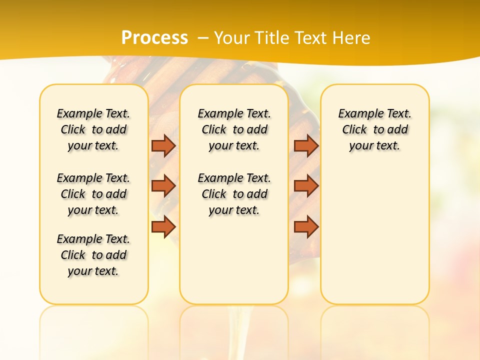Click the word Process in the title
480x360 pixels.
tap(154, 37)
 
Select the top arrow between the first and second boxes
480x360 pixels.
tap(163, 145)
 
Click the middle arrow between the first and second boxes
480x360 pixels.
tap(163, 186)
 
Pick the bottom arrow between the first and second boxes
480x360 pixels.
tap(163, 227)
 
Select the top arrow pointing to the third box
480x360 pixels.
tap(306, 145)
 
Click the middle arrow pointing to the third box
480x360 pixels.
tap(306, 186)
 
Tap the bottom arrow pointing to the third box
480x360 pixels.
tap(306, 227)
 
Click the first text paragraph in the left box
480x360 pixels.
tap(93, 129)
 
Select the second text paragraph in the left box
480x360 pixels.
tap(93, 194)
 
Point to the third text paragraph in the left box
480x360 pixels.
tap(93, 255)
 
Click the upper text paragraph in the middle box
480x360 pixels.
tap(234, 129)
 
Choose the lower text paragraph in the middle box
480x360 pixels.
tap(234, 194)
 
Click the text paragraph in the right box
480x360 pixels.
tap(374, 129)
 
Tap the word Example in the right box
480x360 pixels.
tap(357, 114)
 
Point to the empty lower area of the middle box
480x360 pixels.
tap(234, 260)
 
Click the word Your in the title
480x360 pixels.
tap(227, 37)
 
